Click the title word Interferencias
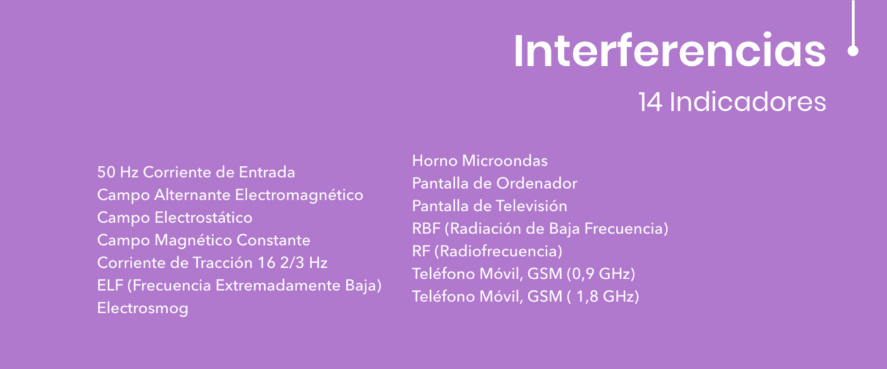(x=670, y=50)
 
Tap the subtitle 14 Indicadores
(x=732, y=102)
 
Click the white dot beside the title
(x=853, y=51)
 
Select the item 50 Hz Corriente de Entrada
(x=196, y=172)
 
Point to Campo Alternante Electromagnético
(x=230, y=196)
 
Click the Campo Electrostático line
(x=175, y=218)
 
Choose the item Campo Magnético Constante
(x=203, y=241)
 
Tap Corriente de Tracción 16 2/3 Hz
(x=212, y=263)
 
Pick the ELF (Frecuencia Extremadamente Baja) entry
(x=239, y=286)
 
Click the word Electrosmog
(x=143, y=308)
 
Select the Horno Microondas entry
(x=480, y=161)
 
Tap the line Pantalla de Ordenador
(x=495, y=184)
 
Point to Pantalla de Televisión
(x=489, y=206)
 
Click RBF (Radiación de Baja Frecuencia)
(x=540, y=229)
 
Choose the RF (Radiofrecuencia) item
(x=487, y=251)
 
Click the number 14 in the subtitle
(x=650, y=103)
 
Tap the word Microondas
(x=505, y=161)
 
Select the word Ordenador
(x=537, y=184)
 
